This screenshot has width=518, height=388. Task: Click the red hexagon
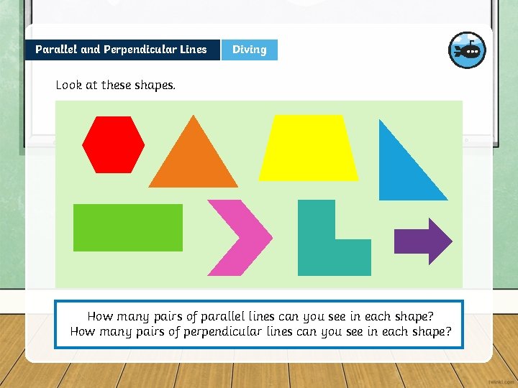pos(113,144)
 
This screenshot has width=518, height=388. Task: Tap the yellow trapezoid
pos(308,149)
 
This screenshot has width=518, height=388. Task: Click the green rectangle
pos(128,228)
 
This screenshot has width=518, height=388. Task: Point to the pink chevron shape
pos(237,237)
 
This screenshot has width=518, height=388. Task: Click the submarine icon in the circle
pos(467,50)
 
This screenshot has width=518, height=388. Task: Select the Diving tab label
pos(249,50)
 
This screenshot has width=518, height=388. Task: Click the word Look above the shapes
pos(69,85)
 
